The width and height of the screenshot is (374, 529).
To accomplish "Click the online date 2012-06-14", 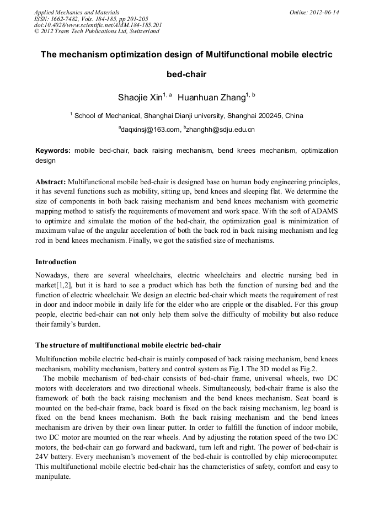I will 324,12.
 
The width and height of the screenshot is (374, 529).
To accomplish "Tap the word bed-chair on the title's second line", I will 186,74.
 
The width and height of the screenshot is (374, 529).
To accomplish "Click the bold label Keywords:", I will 53,150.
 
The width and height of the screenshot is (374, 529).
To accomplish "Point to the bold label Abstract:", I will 51,181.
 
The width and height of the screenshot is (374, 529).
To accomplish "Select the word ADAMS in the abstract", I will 322,211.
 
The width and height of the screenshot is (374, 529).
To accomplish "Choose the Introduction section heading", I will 56,261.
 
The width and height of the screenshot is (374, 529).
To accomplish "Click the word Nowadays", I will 54,275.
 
